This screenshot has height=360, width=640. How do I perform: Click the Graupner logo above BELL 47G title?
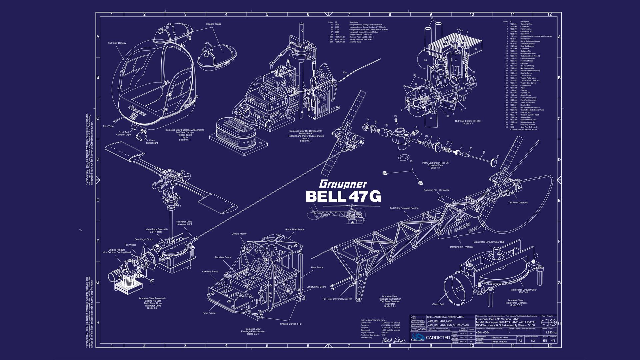point(343,184)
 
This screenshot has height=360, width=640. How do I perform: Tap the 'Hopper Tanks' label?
point(213,24)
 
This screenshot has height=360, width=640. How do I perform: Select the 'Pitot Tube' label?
point(108,126)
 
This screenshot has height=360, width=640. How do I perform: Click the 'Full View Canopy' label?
point(117,43)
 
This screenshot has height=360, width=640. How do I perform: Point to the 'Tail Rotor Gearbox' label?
point(518,202)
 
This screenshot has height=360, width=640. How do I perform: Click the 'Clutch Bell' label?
point(438,304)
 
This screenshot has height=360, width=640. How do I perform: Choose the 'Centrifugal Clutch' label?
point(144,239)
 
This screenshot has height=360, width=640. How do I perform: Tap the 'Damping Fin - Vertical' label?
point(461,247)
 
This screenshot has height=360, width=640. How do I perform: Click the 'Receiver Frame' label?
point(223,257)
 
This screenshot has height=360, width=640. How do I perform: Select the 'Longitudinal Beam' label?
point(316,287)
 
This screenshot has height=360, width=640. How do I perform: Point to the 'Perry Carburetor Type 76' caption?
point(435,163)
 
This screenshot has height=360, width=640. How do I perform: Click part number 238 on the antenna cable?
point(344,72)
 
